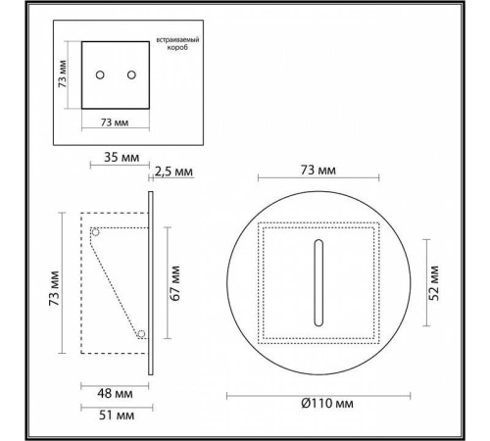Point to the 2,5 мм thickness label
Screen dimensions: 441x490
click(x=173, y=171)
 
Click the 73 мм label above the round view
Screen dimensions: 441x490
click(x=317, y=171)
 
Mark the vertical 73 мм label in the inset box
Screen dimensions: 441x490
click(x=62, y=74)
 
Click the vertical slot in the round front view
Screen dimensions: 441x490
click(x=316, y=280)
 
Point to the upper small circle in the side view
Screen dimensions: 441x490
click(x=95, y=232)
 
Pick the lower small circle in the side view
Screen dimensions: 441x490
click(x=142, y=334)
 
